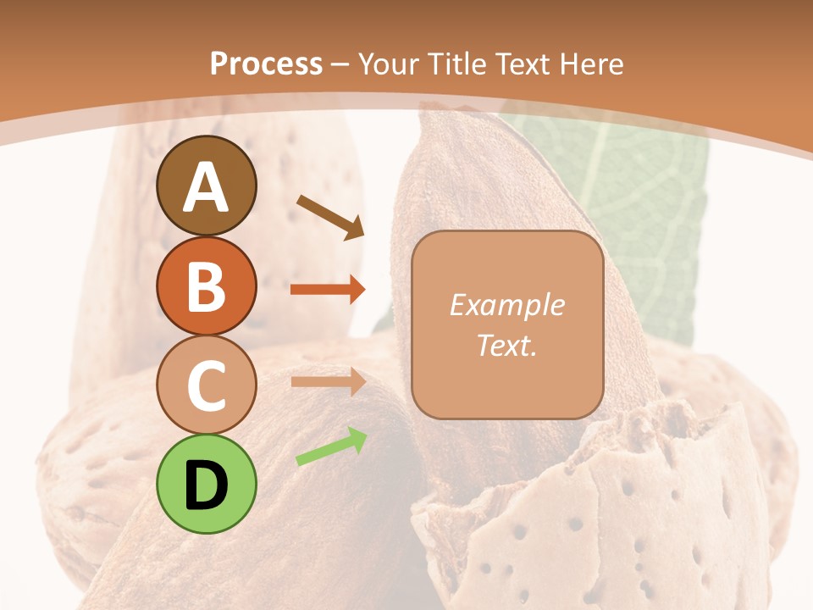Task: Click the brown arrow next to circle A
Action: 330,215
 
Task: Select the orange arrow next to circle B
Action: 328,290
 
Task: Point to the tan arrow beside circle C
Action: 328,381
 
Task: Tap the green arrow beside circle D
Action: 331,446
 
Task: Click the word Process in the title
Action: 266,64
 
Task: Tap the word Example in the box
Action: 506,305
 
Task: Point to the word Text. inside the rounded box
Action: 506,345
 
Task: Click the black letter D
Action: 206,485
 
